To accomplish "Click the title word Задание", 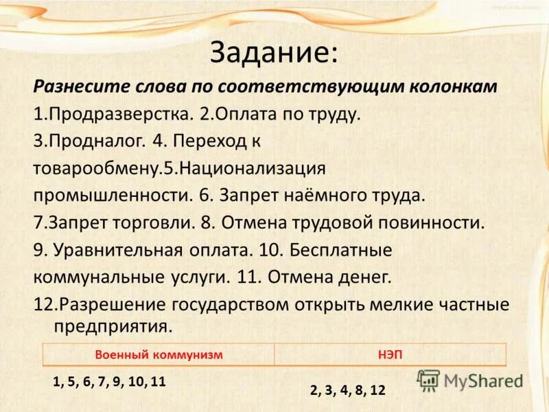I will click(x=272, y=53).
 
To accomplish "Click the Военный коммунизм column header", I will click(x=159, y=354).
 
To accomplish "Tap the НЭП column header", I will click(x=390, y=354).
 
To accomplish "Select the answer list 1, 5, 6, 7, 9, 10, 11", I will click(x=109, y=382).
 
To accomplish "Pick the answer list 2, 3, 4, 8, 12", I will click(x=347, y=390).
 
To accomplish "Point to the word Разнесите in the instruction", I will click(x=75, y=88).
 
